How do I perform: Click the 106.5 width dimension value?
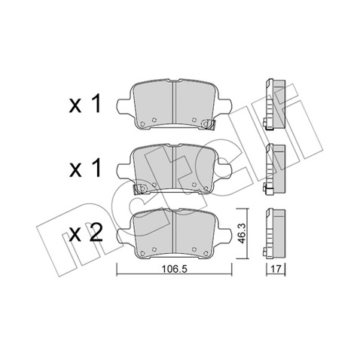pyautogui.click(x=175, y=269)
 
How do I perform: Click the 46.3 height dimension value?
pyautogui.click(x=242, y=233)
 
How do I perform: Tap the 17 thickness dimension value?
pyautogui.click(x=276, y=269)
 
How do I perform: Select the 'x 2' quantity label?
pyautogui.click(x=86, y=233)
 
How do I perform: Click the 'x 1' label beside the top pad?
pyautogui.click(x=85, y=103)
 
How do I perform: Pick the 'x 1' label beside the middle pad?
pyautogui.click(x=85, y=168)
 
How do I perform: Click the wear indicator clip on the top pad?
pyautogui.click(x=208, y=124)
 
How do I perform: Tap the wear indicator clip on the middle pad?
pyautogui.click(x=139, y=188)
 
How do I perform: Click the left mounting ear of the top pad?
pyautogui.click(x=124, y=106)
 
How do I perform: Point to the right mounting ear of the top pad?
pyautogui.click(x=225, y=106)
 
